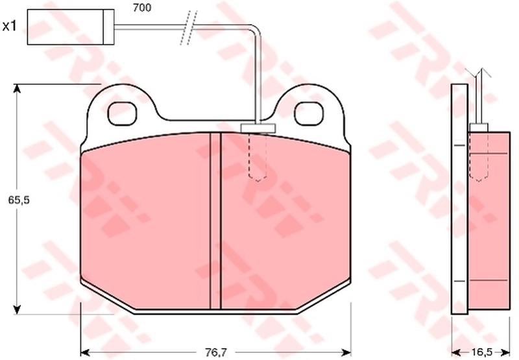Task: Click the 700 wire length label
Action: tap(142, 7)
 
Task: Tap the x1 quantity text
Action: tap(9, 26)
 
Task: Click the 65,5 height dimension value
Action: tap(19, 200)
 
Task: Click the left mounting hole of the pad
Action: tap(123, 114)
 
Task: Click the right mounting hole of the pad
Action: tap(309, 114)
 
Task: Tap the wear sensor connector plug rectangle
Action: tap(71, 27)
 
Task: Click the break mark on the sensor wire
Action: tap(189, 28)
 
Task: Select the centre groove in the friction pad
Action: tap(215, 221)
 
